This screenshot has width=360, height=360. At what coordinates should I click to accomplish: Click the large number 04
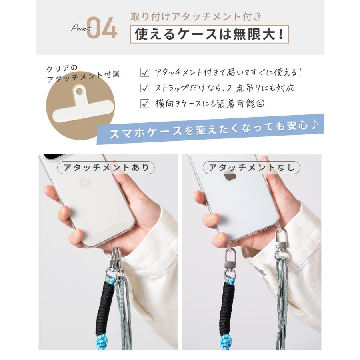coord(102,28)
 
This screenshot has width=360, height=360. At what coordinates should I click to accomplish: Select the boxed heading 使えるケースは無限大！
coord(209,34)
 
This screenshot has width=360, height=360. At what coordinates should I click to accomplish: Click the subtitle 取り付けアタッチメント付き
coord(196,17)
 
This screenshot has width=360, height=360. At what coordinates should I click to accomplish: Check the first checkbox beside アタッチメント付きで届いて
coord(145,73)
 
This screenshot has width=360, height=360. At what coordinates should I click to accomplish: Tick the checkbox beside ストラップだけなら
coord(145,88)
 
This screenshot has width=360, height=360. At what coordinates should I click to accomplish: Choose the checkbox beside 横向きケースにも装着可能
coord(145,104)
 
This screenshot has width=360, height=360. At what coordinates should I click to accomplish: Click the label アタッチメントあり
coord(106,167)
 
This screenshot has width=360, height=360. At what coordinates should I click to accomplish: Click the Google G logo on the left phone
coord(84,183)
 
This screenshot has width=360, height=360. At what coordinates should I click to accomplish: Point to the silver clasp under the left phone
coord(115,260)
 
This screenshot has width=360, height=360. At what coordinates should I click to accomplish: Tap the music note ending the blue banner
coord(314,125)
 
